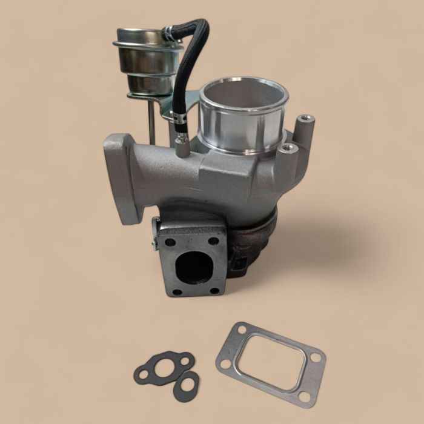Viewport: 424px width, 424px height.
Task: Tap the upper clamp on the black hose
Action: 171,37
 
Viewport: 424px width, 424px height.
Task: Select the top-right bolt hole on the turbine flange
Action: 213,241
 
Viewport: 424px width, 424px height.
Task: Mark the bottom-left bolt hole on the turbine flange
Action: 175,292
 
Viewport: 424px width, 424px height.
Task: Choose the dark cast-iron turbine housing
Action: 254,242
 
